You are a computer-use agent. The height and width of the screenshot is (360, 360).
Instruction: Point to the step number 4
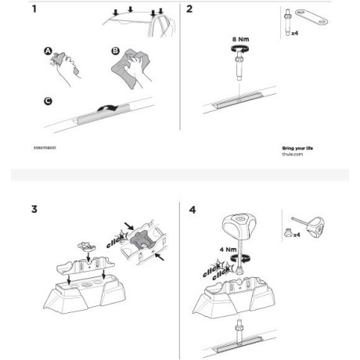coord(193,210)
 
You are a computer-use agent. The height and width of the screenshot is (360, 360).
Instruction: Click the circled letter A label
coord(48,52)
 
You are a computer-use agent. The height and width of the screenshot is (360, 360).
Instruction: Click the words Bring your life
coord(298,147)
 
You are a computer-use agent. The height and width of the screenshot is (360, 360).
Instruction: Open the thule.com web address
coord(291,154)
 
